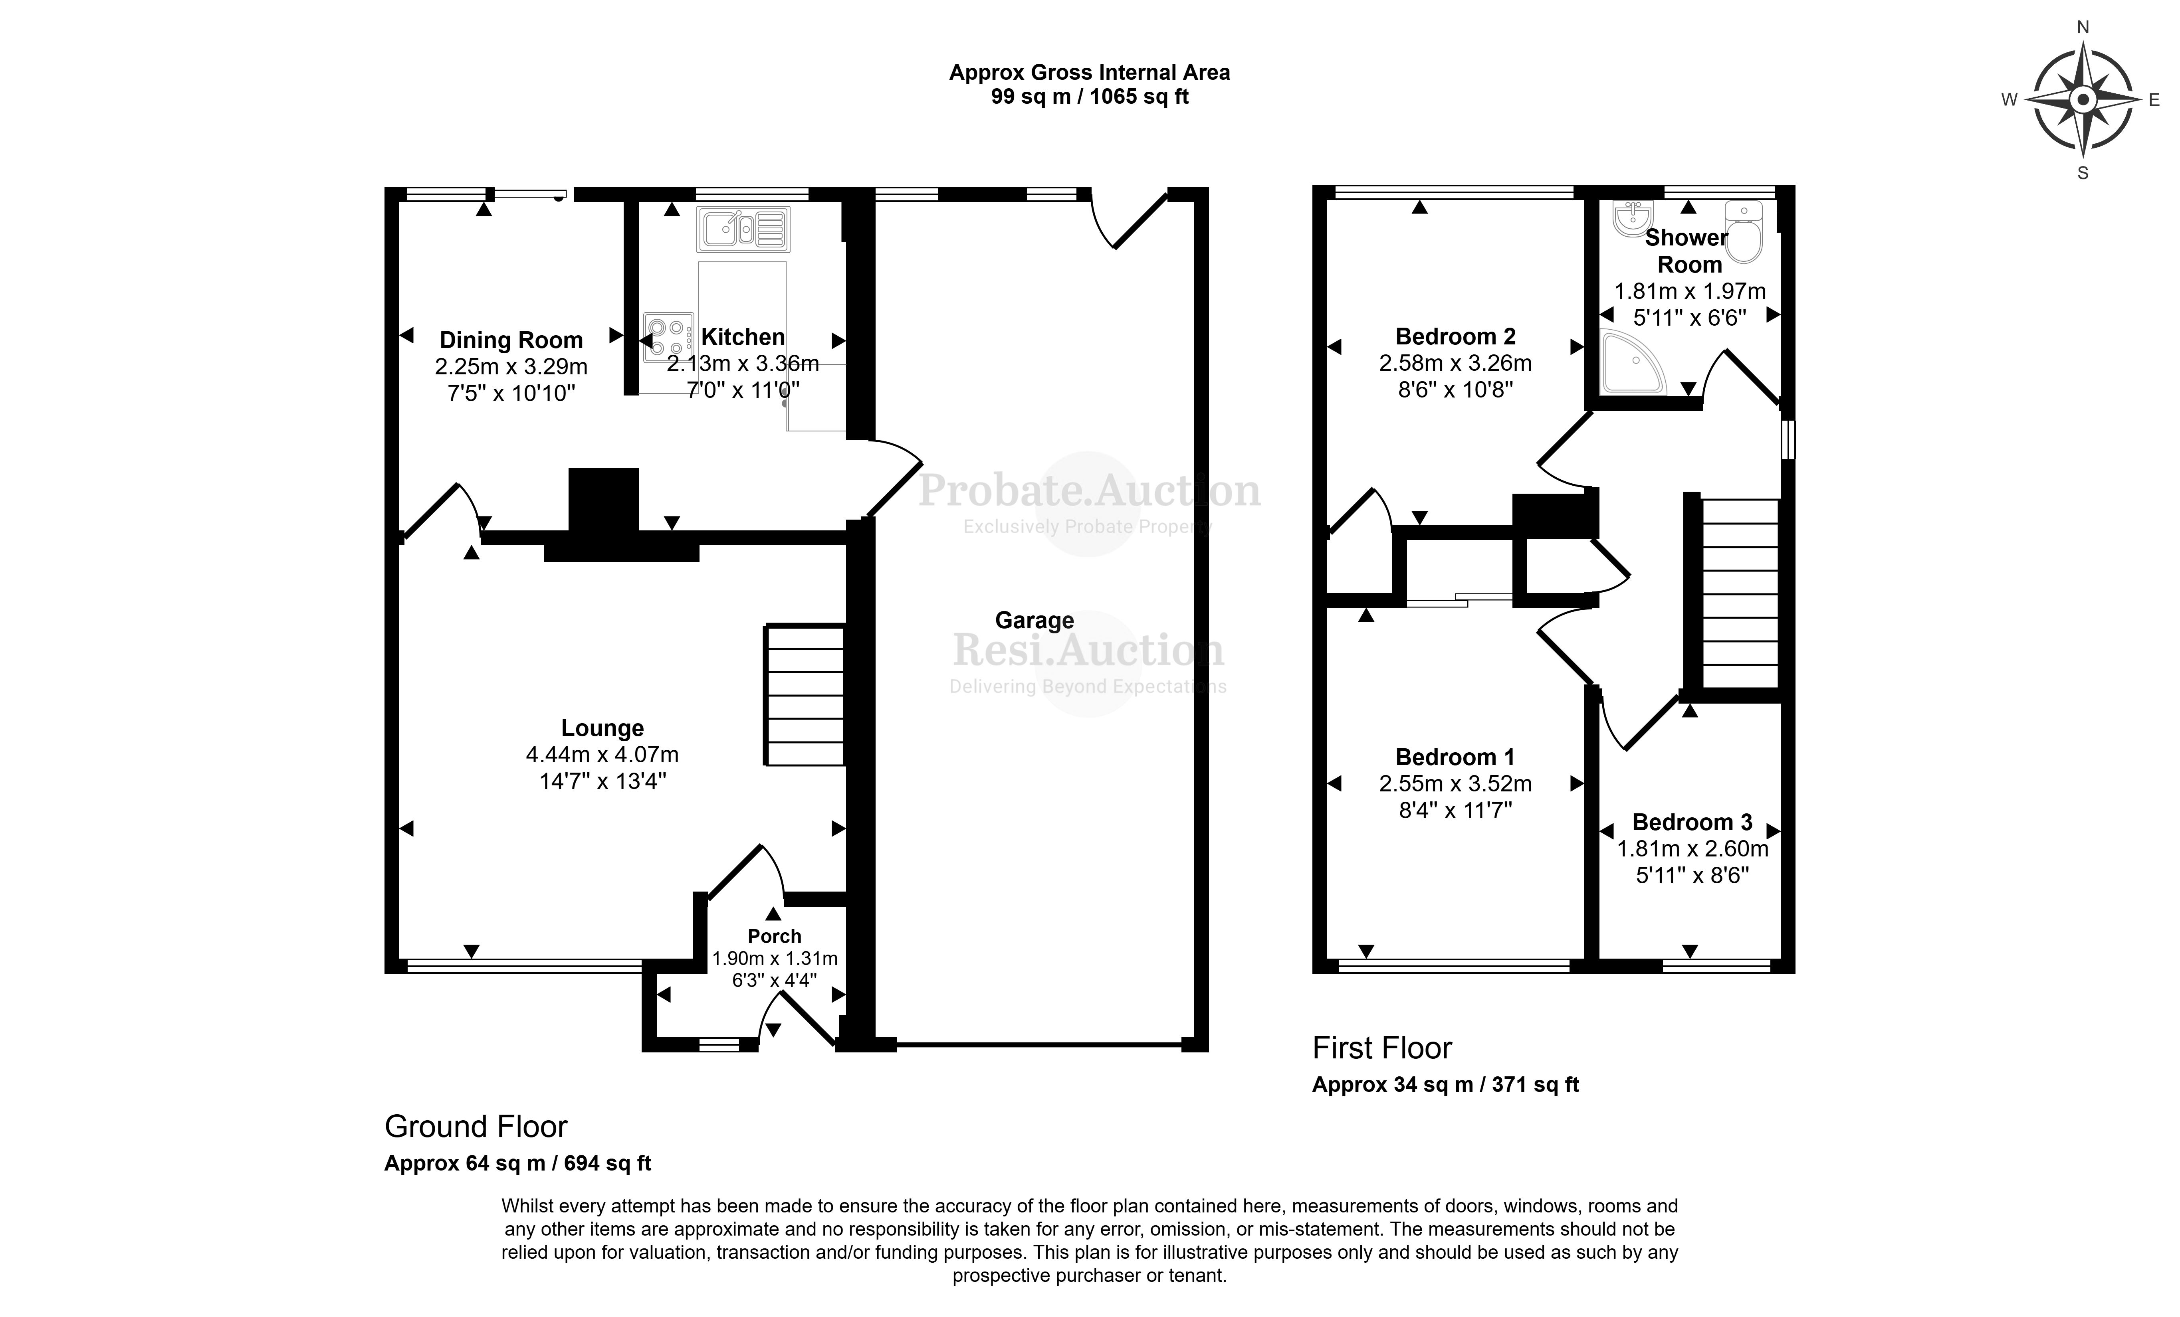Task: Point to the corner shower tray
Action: tap(1631, 364)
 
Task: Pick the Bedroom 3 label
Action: tap(1692, 823)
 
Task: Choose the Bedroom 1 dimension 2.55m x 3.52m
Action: tap(1455, 784)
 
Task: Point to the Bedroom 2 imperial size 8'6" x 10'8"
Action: tap(1455, 389)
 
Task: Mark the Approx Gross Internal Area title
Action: tap(1089, 73)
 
